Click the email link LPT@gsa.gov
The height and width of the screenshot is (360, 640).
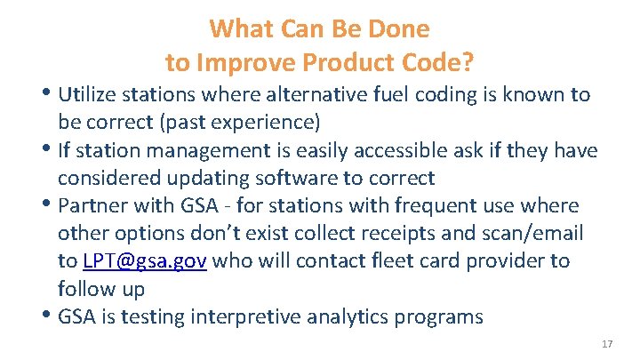(145, 261)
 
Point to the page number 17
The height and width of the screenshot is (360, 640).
(608, 344)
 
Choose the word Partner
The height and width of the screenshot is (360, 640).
(90, 206)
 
